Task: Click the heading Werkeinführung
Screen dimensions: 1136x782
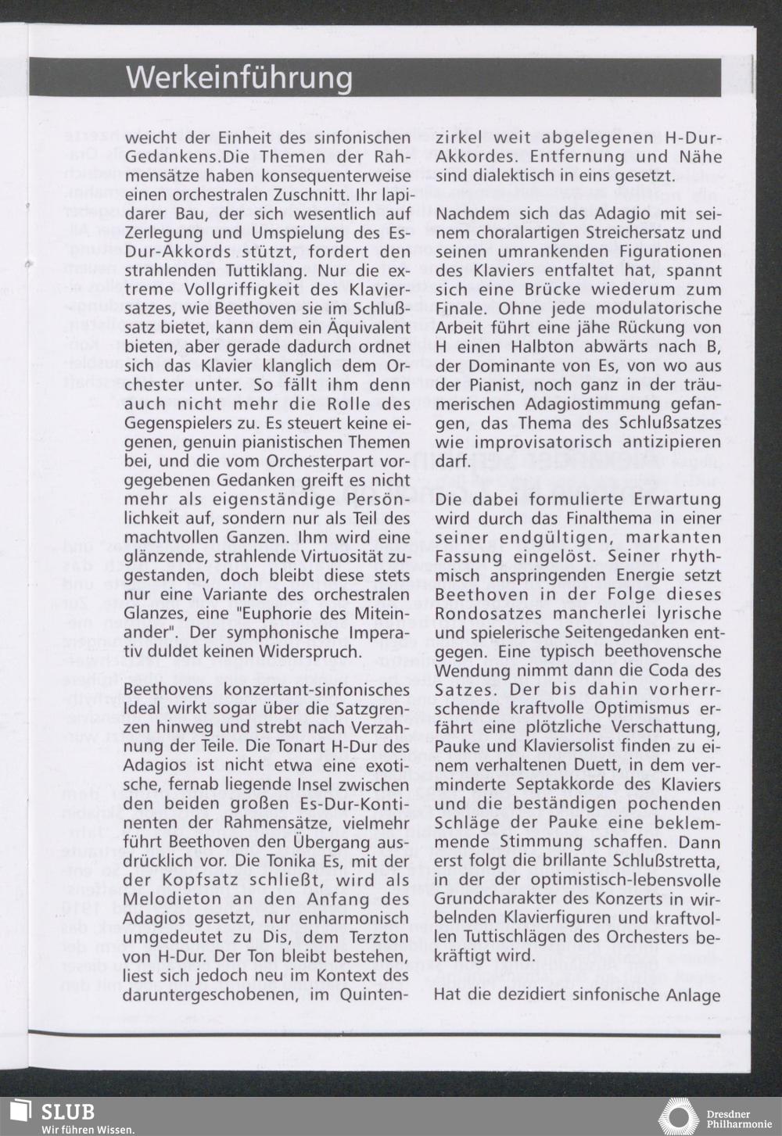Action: (x=239, y=78)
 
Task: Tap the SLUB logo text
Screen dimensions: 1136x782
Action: (x=68, y=1112)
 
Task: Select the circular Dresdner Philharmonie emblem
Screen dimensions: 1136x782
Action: (x=678, y=1116)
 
